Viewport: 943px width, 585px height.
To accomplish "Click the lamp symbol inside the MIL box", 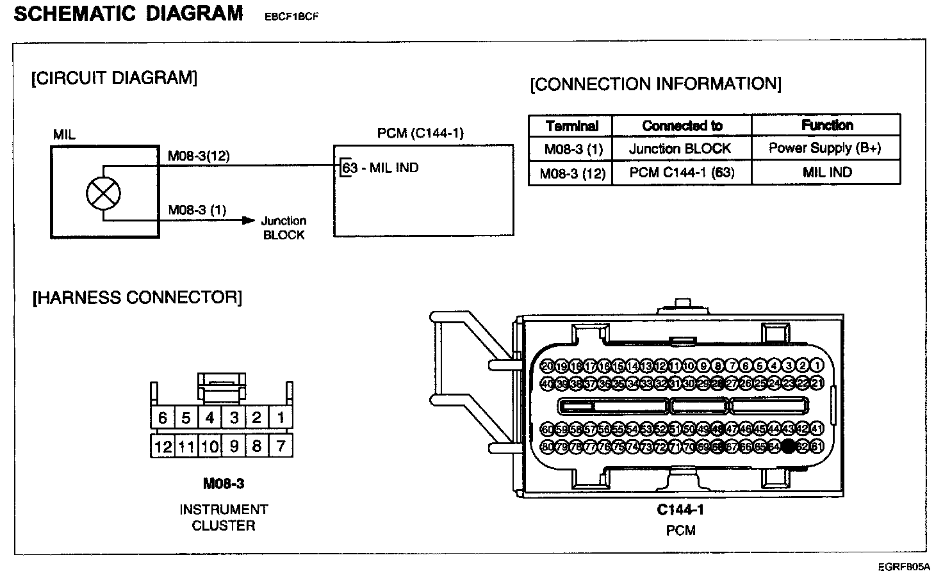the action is click(103, 193).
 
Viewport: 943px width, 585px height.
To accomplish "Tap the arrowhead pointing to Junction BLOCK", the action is click(247, 221).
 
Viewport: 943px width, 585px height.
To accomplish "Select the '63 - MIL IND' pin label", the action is click(381, 168).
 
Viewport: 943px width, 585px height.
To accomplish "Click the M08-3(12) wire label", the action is click(199, 156).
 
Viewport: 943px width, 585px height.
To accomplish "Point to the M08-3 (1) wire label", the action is click(197, 210).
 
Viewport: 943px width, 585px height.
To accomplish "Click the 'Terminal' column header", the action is click(571, 126).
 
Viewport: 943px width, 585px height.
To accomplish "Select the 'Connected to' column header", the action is click(682, 126).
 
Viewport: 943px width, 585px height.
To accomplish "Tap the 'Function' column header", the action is click(826, 125).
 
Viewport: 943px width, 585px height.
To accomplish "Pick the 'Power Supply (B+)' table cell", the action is click(825, 148).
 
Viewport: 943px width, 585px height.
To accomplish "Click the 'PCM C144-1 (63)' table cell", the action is click(682, 173).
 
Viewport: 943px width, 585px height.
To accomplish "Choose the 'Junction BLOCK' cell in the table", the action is click(680, 149).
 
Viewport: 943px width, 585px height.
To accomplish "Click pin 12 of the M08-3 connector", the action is click(163, 446).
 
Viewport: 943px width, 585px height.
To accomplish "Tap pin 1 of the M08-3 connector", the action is click(281, 418).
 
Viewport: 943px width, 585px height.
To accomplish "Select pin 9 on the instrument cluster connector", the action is click(234, 445).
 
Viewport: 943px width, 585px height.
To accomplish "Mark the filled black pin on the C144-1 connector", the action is click(789, 446).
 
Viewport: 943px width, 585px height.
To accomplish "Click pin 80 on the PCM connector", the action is click(547, 446).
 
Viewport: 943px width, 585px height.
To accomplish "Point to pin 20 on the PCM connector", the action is click(547, 366).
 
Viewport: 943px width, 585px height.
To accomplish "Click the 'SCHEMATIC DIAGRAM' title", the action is click(128, 13).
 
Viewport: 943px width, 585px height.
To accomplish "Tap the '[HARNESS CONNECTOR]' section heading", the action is click(137, 298).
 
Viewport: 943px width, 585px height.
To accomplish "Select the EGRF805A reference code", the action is click(904, 567).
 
